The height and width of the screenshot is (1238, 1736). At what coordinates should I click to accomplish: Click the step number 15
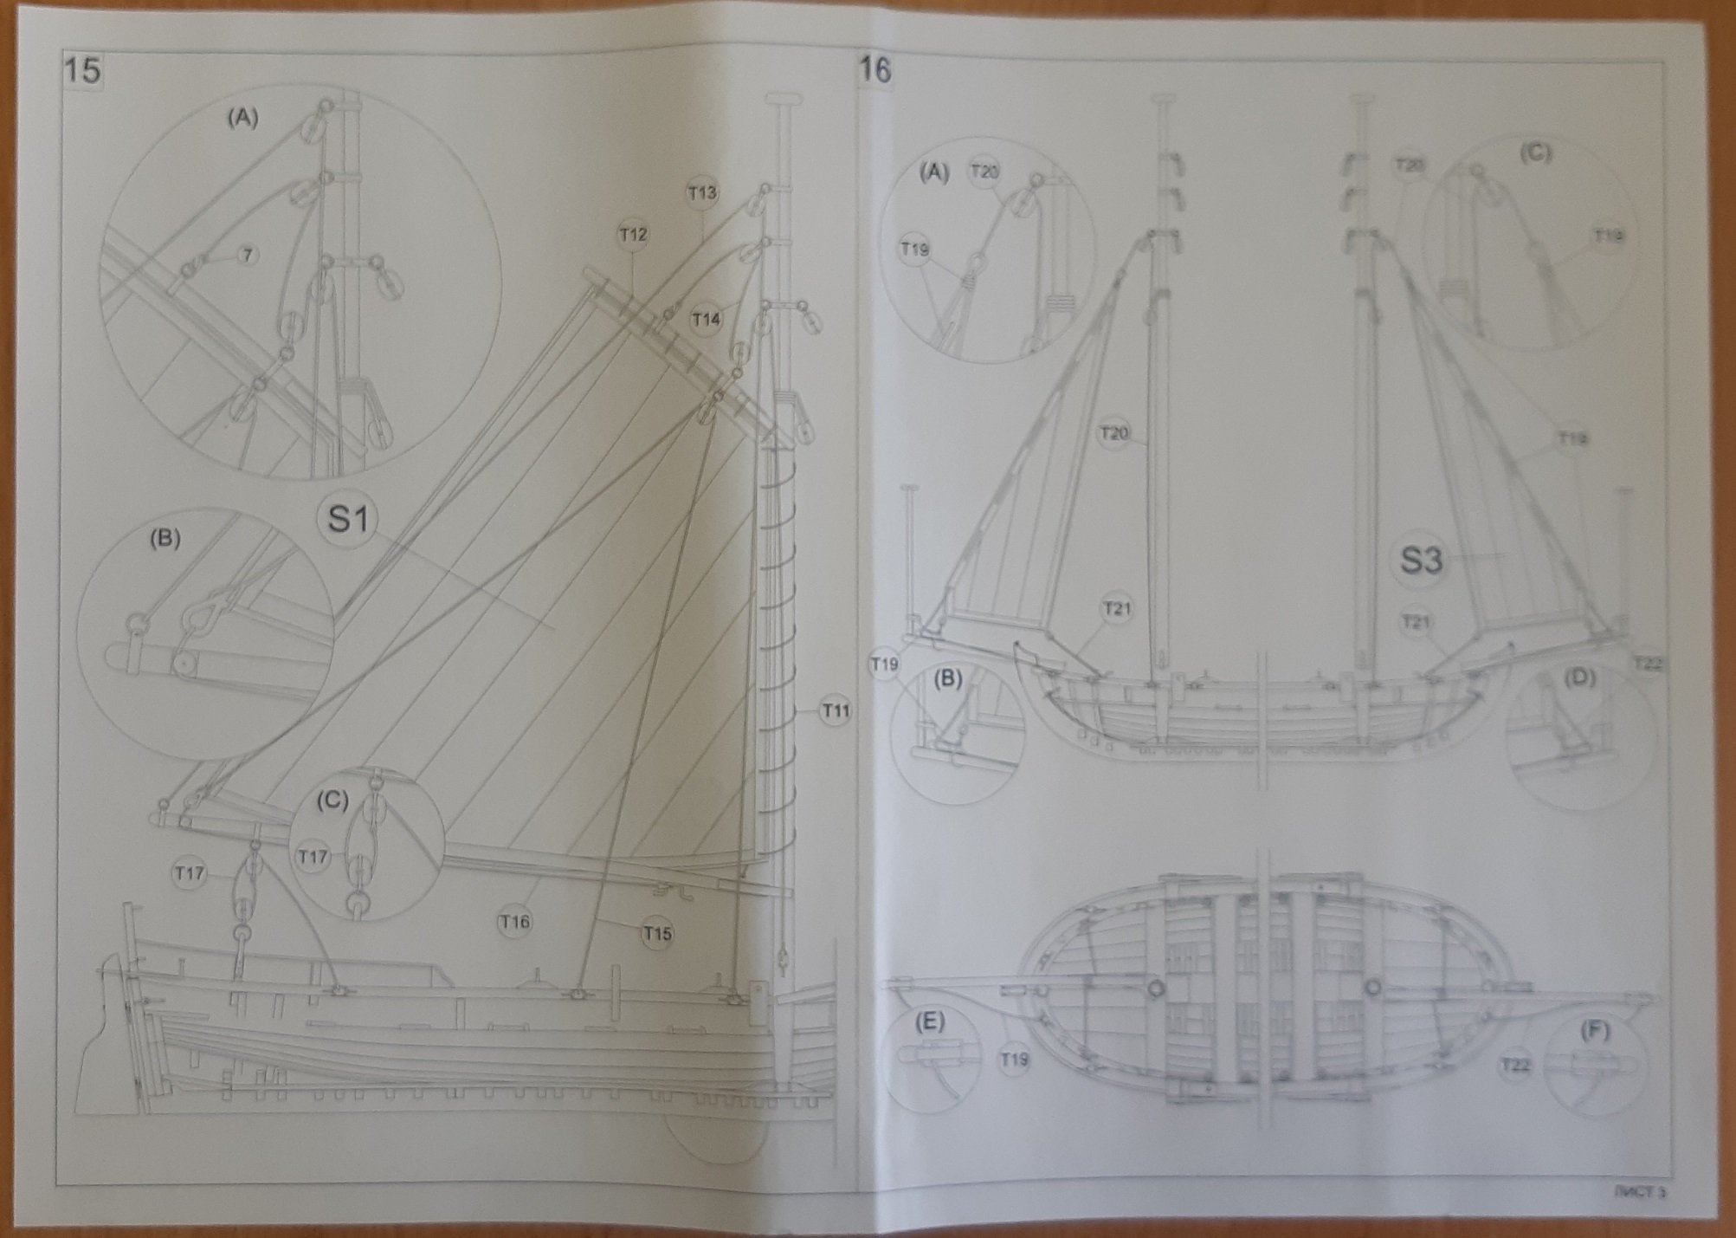pyautogui.click(x=83, y=69)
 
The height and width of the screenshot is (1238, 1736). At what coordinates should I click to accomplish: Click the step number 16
pyautogui.click(x=874, y=68)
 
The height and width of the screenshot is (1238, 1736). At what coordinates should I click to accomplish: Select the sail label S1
pyautogui.click(x=348, y=519)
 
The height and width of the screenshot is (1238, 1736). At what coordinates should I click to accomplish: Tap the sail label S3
pyautogui.click(x=1421, y=560)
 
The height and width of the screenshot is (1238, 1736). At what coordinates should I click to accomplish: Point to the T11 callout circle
pyautogui.click(x=835, y=711)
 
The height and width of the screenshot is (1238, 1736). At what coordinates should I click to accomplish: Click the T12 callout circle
pyautogui.click(x=633, y=235)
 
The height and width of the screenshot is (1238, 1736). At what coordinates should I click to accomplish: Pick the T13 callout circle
pyautogui.click(x=702, y=192)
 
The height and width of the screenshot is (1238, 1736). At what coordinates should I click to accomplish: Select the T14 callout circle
pyautogui.click(x=706, y=320)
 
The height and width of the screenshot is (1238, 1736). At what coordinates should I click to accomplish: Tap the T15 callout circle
pyautogui.click(x=657, y=934)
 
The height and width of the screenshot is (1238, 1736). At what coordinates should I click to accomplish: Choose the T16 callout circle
pyautogui.click(x=514, y=922)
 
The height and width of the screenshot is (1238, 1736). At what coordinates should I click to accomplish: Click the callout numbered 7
pyautogui.click(x=248, y=255)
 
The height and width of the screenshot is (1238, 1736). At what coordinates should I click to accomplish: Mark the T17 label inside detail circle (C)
pyautogui.click(x=313, y=857)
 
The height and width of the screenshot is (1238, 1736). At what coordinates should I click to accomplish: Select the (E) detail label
pyautogui.click(x=929, y=1022)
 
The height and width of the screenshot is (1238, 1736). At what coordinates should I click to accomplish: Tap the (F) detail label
pyautogui.click(x=1594, y=1031)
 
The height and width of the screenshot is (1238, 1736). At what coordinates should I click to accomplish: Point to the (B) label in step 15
pyautogui.click(x=165, y=539)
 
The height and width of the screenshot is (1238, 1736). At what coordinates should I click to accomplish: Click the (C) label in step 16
pyautogui.click(x=1535, y=153)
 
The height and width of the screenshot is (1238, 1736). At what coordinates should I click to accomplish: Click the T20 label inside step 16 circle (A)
pyautogui.click(x=984, y=172)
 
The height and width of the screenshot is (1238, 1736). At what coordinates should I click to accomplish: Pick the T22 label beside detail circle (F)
pyautogui.click(x=1515, y=1066)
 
